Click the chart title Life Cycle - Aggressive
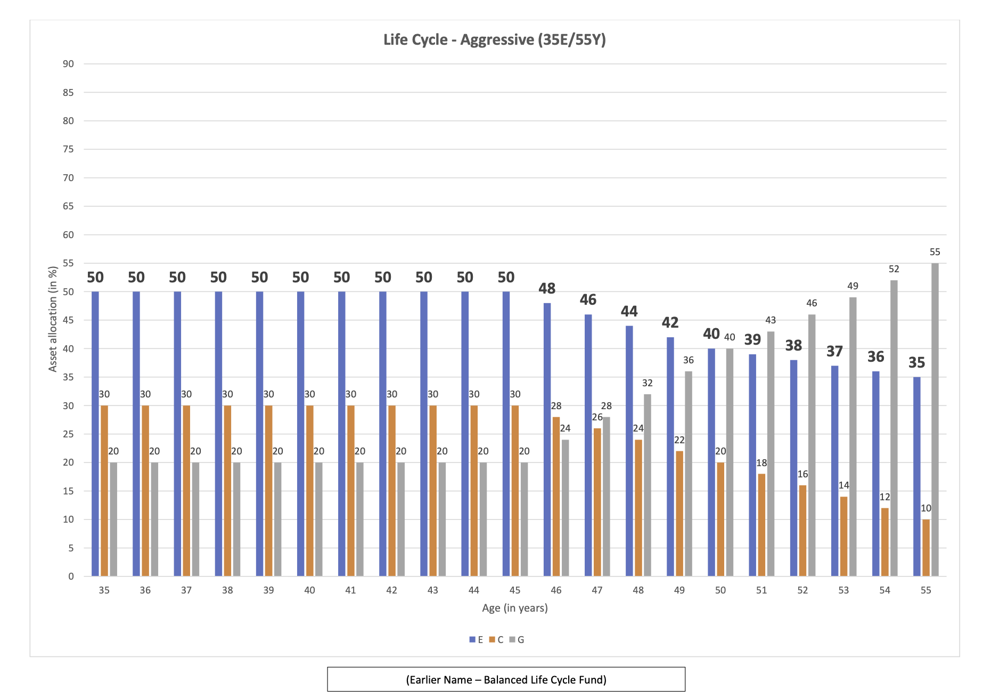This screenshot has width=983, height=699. (494, 40)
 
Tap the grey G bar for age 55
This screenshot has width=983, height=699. (935, 419)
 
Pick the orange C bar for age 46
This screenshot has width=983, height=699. (556, 496)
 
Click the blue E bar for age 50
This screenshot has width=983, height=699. (711, 462)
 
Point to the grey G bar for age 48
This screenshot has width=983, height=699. (647, 485)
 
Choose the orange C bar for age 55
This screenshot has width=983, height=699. (926, 547)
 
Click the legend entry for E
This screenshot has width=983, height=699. (476, 640)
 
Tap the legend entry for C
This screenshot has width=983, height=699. (496, 640)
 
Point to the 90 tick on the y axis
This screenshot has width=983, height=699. (68, 64)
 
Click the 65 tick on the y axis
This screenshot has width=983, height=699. (68, 206)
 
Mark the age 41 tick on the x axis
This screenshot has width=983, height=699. (350, 590)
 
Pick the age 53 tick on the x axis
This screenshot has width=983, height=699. (843, 590)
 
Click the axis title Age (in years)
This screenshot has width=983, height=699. (514, 608)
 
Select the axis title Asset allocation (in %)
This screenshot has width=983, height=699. (53, 319)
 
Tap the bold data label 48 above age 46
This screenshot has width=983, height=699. (547, 289)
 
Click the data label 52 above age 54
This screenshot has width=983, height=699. (894, 269)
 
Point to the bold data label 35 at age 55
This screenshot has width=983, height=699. (916, 363)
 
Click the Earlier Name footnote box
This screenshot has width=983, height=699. (506, 679)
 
